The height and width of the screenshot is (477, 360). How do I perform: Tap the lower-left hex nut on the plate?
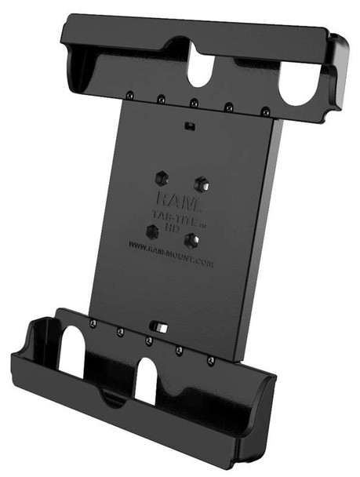click(152, 231)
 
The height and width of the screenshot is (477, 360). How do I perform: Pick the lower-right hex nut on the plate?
click(191, 240)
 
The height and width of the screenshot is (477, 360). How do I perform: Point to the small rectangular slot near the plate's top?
click(189, 126)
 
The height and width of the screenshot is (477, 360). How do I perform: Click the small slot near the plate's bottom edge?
click(161, 324)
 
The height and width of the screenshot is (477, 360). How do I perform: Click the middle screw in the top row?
click(194, 103)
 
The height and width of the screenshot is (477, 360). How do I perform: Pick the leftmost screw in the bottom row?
click(93, 324)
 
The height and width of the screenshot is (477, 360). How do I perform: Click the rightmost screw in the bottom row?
click(210, 361)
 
